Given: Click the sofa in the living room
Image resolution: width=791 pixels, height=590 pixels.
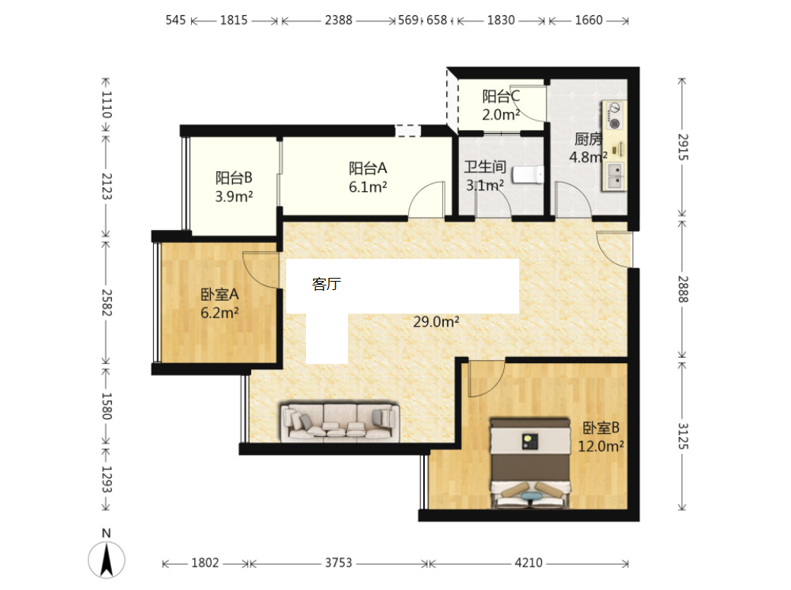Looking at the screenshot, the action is [340, 422].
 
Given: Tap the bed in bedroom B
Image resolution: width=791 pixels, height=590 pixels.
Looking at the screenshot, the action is [530, 462].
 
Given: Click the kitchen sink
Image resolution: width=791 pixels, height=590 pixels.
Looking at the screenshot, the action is [615, 176].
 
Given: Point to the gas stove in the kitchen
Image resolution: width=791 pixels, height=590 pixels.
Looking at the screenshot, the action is [614, 116].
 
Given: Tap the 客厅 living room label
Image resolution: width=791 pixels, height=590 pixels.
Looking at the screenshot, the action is [327, 284].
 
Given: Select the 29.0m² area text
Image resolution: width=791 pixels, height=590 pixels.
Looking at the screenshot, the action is [436, 321].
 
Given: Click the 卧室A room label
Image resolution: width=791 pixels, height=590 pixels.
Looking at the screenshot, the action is [219, 294].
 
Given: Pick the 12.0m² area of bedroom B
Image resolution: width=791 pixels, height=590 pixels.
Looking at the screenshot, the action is [601, 446].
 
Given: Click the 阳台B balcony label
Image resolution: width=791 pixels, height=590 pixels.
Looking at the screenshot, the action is [234, 177].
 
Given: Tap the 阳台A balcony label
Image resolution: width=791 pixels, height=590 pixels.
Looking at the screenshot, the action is [368, 168].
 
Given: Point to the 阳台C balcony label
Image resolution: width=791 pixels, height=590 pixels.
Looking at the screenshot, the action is [501, 96].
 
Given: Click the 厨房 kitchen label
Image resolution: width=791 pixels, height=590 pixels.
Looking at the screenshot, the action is [588, 139].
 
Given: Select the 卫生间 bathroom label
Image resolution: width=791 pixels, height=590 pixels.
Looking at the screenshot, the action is [485, 167].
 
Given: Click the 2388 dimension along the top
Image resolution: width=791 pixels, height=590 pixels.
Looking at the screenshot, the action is [339, 20].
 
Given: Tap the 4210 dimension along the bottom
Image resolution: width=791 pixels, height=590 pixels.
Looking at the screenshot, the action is [528, 563].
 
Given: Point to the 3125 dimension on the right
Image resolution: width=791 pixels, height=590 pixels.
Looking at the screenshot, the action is [683, 435].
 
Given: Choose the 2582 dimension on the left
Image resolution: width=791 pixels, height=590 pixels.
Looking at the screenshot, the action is [107, 302].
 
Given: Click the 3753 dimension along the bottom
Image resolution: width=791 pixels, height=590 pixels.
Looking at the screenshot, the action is [338, 563].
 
